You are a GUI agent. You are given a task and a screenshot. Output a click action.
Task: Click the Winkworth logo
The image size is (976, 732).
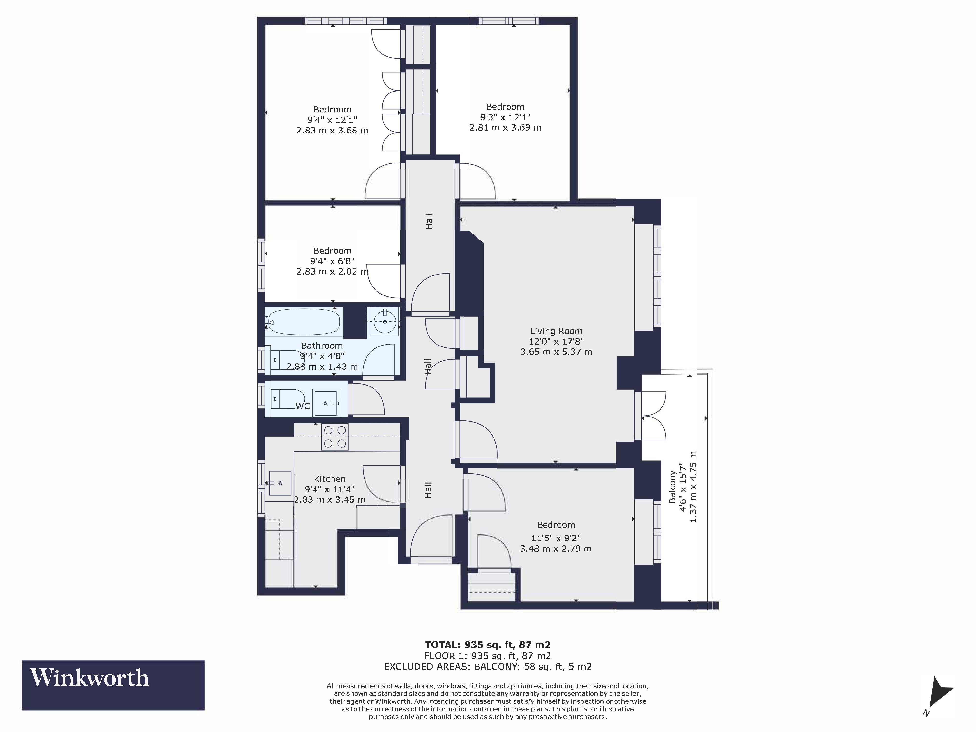(x=113, y=685)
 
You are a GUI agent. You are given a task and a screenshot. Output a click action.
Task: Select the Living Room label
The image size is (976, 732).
(x=556, y=331)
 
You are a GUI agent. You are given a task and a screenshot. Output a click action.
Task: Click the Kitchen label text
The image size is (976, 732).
(x=330, y=479)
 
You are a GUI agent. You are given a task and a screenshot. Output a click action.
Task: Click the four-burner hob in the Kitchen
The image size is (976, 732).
(x=335, y=437)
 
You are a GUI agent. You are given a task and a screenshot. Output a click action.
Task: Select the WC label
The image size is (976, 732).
(x=303, y=406)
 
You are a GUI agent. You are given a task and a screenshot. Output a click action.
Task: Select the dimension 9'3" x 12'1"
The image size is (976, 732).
(x=505, y=117)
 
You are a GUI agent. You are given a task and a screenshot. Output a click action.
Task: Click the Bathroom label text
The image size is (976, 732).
(x=322, y=346)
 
